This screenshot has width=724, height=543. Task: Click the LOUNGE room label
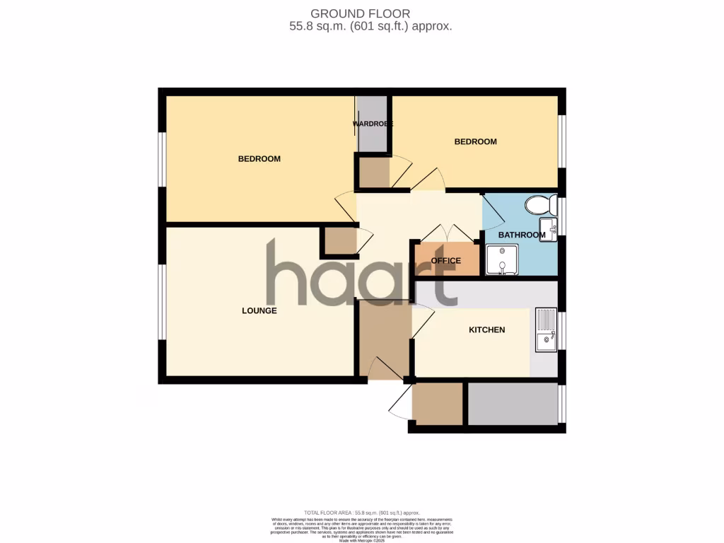[259, 310]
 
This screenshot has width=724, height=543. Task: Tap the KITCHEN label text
[486, 329]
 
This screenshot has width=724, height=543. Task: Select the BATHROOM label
[522, 235]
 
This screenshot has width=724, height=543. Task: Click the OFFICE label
[445, 261]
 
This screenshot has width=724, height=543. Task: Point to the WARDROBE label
[373, 124]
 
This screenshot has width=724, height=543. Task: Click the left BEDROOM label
[259, 158]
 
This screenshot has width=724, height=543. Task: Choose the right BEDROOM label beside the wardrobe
[475, 141]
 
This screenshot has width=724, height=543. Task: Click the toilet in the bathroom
[540, 205]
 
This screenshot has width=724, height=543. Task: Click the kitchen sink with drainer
[547, 330]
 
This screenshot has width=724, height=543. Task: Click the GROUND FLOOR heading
[361, 13]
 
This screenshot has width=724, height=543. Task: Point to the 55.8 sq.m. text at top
[311, 26]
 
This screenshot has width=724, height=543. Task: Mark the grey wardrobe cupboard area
[372, 134]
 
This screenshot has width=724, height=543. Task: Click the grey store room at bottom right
[513, 404]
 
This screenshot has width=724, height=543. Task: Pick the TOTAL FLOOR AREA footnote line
[361, 513]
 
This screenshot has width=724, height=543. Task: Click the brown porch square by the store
[437, 404]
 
